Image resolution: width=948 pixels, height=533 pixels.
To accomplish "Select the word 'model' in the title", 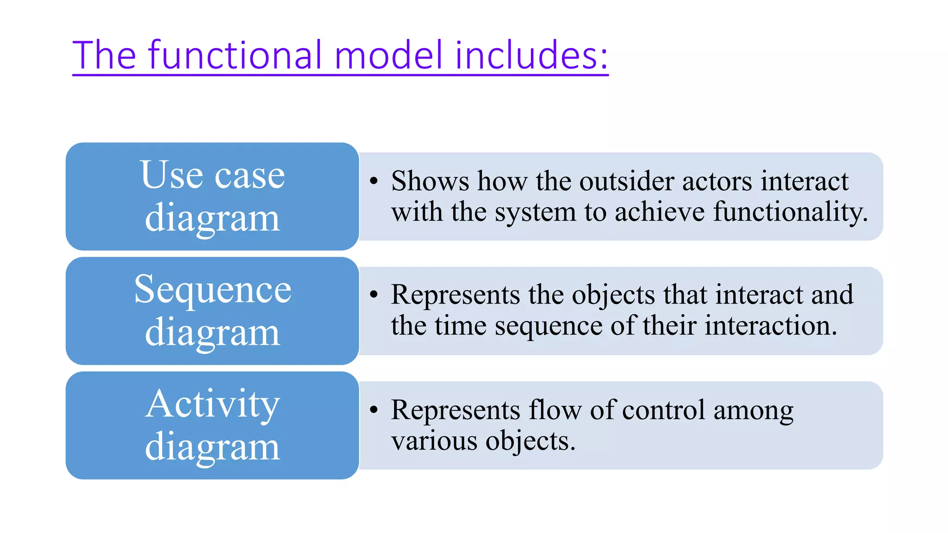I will (388, 55).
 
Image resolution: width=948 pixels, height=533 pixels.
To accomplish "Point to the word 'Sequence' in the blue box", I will (212, 290).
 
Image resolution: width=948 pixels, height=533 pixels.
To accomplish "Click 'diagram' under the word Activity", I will (212, 447).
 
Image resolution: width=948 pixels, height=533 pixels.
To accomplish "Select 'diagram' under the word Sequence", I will (212, 333).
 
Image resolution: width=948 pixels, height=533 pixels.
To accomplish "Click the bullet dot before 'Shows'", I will (374, 180).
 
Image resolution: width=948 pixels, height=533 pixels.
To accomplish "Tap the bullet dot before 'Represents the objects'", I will (374, 295).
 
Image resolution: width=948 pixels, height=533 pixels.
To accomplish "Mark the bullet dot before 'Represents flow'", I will (374, 409).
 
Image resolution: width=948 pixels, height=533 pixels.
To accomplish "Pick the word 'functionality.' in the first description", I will (790, 212).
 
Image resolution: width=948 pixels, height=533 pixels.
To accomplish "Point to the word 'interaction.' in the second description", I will (771, 325).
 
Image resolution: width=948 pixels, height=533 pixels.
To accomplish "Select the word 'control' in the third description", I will (663, 410).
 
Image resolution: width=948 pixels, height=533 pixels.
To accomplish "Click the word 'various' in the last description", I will (434, 440).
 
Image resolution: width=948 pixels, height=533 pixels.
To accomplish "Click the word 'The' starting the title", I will (104, 55).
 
